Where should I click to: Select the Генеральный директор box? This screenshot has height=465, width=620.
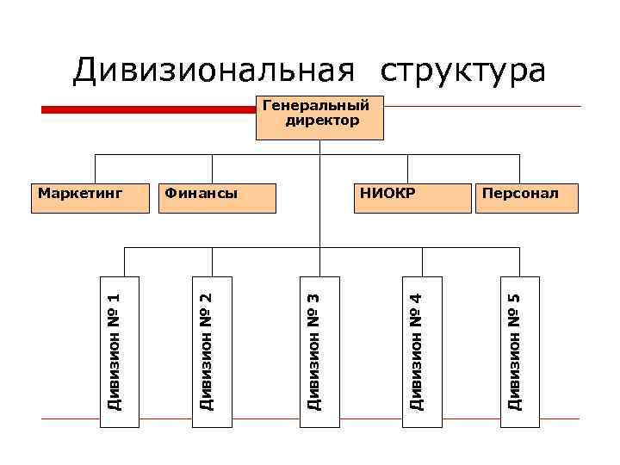pyautogui.click(x=319, y=118)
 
